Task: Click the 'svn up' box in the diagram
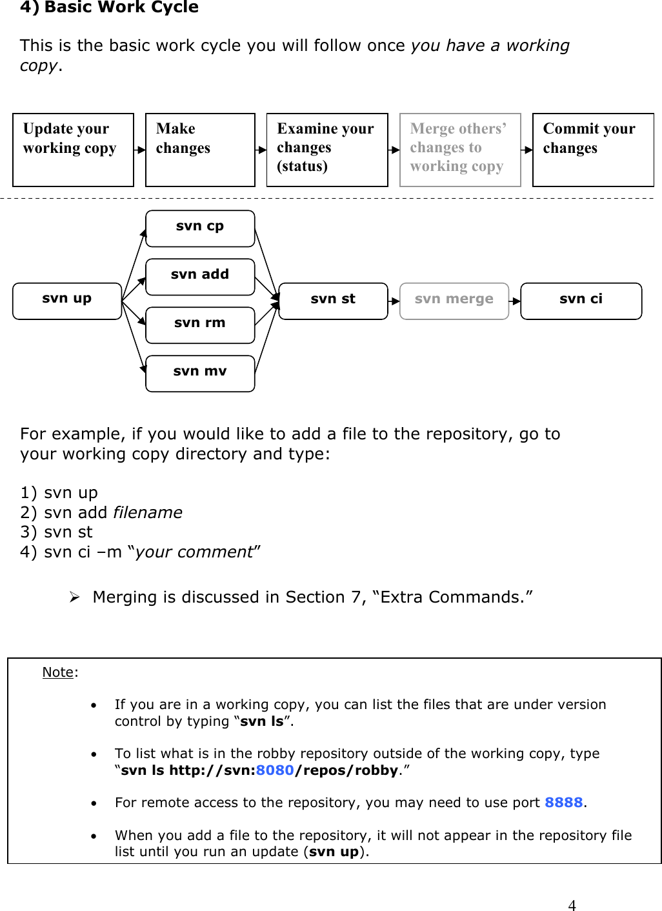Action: (67, 301)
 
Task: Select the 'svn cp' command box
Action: (200, 228)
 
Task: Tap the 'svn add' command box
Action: (200, 277)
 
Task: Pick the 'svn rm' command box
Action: (200, 325)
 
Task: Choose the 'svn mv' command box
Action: (200, 374)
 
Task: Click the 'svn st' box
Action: (333, 301)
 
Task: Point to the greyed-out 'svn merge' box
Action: (454, 301)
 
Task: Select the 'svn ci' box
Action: (581, 301)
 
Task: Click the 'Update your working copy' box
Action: (73, 150)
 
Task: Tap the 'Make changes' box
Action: (200, 150)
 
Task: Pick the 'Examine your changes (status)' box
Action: (327, 150)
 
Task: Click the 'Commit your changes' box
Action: (593, 150)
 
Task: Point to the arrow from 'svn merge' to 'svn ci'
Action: (515, 301)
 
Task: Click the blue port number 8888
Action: (563, 802)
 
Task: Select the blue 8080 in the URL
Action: (275, 770)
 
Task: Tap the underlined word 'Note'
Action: (58, 672)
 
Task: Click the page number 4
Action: (572, 905)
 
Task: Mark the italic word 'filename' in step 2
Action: (148, 512)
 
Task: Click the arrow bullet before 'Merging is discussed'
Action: (74, 597)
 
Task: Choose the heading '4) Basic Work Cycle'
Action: (110, 8)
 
